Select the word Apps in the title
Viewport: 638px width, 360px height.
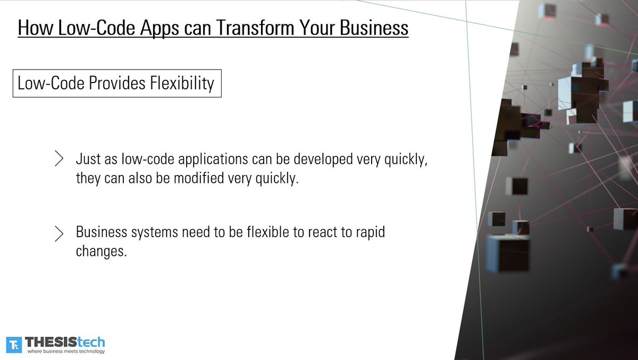pos(161,28)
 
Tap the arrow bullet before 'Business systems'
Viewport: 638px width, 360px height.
pos(60,233)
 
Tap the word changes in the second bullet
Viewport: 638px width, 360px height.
pos(102,252)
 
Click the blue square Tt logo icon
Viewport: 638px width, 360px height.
pos(14,344)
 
